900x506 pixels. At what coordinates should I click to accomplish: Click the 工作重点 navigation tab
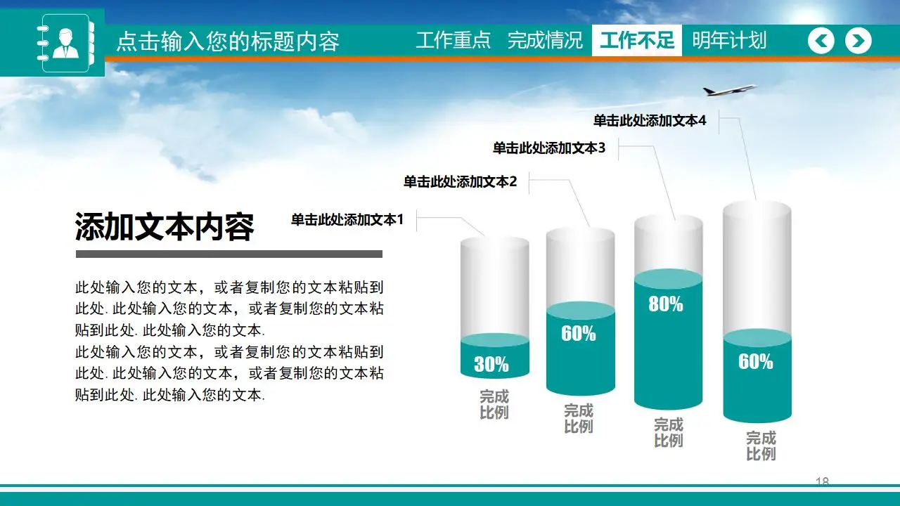[453, 41]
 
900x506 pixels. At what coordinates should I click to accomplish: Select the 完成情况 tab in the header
[545, 41]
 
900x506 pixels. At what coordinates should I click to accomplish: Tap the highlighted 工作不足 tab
[636, 41]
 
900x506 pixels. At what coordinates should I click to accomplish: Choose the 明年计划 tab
[728, 41]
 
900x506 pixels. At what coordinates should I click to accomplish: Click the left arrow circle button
[821, 41]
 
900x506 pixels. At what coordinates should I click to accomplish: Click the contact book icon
[65, 43]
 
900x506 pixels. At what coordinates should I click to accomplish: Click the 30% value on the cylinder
[491, 364]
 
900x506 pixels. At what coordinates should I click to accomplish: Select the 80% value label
[666, 304]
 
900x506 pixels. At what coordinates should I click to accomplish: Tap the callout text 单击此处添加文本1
[347, 220]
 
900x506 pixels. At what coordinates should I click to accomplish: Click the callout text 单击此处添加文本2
[460, 182]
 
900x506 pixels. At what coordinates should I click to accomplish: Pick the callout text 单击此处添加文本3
[548, 148]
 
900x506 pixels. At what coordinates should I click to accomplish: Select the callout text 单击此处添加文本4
[649, 121]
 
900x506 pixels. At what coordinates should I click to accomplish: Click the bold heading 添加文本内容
[165, 227]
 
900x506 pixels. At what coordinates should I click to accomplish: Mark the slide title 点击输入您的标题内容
[227, 41]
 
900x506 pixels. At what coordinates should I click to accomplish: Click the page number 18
[822, 481]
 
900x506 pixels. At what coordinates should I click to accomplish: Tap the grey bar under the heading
[229, 254]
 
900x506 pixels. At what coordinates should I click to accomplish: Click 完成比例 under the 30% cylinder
[494, 405]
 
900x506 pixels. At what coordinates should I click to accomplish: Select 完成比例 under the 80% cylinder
[668, 433]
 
